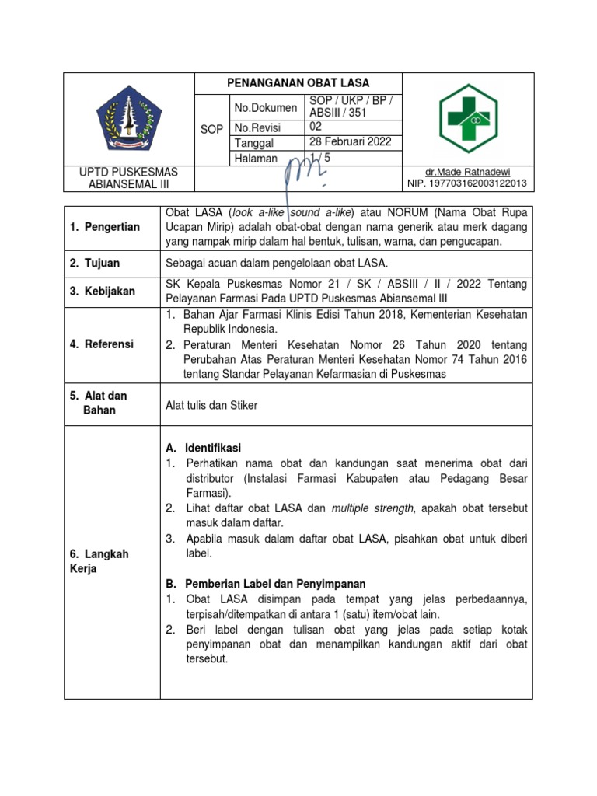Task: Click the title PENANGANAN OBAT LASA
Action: click(x=298, y=83)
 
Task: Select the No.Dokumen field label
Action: click(x=266, y=108)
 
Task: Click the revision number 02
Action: click(x=316, y=127)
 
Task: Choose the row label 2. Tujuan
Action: click(x=97, y=264)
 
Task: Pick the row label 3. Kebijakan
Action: click(x=103, y=292)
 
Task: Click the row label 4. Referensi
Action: click(x=102, y=344)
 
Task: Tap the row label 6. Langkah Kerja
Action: click(x=99, y=561)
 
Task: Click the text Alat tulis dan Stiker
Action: click(x=211, y=405)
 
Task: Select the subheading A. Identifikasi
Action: click(x=204, y=448)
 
